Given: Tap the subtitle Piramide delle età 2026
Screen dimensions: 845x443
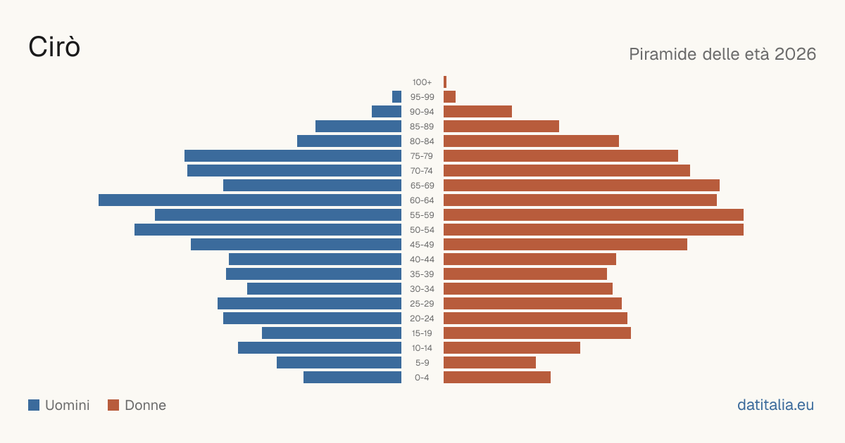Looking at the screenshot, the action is (722, 54).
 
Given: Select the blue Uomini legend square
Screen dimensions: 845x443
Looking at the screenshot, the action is (34, 405).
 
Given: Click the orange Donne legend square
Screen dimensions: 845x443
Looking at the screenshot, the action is (113, 405).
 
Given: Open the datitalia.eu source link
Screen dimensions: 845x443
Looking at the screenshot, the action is (775, 405).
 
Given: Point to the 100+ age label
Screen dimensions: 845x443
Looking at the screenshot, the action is (422, 82).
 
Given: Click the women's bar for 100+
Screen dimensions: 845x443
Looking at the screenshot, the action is (445, 82).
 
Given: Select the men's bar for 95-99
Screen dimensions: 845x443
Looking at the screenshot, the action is (397, 97).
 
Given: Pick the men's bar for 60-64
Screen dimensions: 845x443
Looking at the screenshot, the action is (250, 200).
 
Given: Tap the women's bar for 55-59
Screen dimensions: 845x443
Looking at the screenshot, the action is (594, 215).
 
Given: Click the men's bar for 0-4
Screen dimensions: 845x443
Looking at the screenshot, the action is (352, 378).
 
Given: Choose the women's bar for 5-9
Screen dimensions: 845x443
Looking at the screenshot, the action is (489, 363).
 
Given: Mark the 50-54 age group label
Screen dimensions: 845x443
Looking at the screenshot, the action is (422, 230).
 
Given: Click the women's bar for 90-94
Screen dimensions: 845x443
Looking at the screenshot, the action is (477, 112).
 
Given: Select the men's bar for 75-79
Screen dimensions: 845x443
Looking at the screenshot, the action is (293, 156).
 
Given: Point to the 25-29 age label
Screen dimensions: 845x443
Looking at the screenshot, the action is (422, 304).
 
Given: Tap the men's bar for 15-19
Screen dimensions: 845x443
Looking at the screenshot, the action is (332, 333).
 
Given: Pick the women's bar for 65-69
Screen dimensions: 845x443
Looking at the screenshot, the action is (582, 186).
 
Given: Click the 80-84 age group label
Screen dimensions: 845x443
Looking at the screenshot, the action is (422, 141).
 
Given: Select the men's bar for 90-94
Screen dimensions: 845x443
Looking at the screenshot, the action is (387, 112).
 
